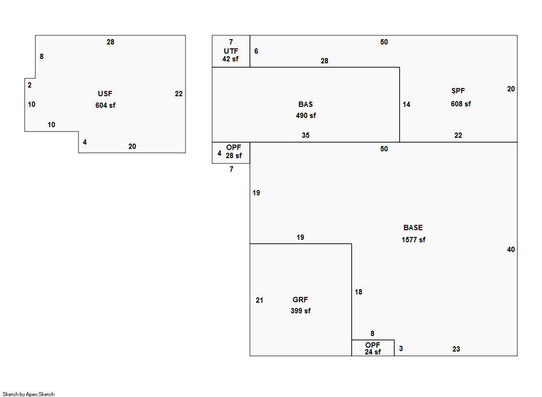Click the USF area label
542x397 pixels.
tap(105, 94)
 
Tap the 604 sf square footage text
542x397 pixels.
tap(105, 105)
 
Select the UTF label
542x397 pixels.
tap(231, 51)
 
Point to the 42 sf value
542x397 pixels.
tap(231, 59)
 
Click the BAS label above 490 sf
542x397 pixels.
tap(306, 104)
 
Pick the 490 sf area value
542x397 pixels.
tap(306, 116)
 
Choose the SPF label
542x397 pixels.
tap(458, 91)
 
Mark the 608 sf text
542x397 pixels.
tap(461, 104)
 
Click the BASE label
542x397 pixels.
tap(413, 228)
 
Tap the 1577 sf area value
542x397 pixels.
tap(414, 240)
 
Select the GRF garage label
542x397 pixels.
tap(300, 300)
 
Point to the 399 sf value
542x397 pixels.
tap(300, 311)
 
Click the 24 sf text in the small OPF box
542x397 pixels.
tap(373, 352)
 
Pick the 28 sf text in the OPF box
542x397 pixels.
tap(233, 156)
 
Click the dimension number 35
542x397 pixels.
tap(306, 135)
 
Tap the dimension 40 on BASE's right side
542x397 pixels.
tap(511, 250)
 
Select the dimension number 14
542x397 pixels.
tap(406, 104)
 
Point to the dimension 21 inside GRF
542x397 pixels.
tap(260, 300)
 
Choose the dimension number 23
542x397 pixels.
tap(456, 349)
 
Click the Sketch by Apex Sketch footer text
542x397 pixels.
tap(29, 394)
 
